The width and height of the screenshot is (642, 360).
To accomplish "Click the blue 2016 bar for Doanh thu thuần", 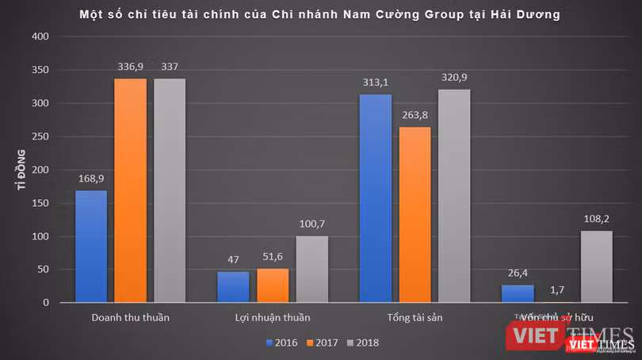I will [90, 246].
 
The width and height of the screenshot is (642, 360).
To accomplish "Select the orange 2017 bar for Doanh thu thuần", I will [130, 190].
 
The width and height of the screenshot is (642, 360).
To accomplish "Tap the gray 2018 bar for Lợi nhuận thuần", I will [311, 269].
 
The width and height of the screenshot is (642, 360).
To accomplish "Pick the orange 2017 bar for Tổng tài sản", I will [415, 214].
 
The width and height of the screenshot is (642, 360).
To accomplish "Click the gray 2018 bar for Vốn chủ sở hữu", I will [597, 266].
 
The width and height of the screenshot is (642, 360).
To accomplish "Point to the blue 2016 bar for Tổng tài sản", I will [376, 198].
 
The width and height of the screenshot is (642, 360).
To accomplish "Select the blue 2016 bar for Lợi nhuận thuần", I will [232, 286].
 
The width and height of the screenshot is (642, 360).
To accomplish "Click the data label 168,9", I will [91, 179].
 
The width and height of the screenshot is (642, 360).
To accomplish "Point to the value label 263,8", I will [415, 117].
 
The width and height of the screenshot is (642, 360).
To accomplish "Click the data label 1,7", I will [557, 291].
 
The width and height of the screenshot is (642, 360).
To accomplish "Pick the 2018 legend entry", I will [364, 343].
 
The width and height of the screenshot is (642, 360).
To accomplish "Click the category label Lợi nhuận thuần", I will [272, 318].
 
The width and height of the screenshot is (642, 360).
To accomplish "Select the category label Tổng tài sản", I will [415, 318].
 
